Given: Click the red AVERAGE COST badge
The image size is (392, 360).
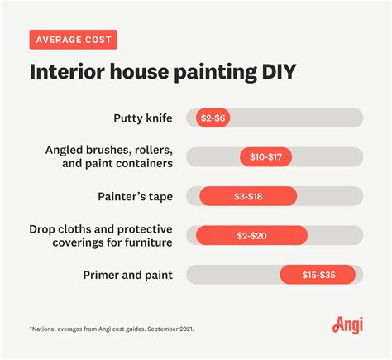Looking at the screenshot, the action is pyautogui.click(x=74, y=40).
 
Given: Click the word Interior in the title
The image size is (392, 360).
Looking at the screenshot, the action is pyautogui.click(x=67, y=71).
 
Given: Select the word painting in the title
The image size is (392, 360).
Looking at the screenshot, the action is pyautogui.click(x=216, y=73).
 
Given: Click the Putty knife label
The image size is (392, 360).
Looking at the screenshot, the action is pyautogui.click(x=143, y=118).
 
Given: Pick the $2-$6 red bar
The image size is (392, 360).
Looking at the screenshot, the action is pyautogui.click(x=213, y=118).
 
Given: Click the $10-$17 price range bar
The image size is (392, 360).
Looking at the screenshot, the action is pyautogui.click(x=265, y=157).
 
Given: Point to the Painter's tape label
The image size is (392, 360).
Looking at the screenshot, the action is pyautogui.click(x=136, y=197).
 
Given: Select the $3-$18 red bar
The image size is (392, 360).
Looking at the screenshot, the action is pyautogui.click(x=248, y=196).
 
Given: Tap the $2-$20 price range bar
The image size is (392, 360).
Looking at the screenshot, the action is pyautogui.click(x=251, y=235).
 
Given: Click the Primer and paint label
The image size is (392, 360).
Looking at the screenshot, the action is pyautogui.click(x=128, y=275).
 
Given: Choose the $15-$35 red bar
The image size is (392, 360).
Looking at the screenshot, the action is pyautogui.click(x=318, y=275).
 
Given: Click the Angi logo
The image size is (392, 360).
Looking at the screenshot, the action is pyautogui.click(x=347, y=325).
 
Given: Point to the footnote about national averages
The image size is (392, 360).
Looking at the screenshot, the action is pyautogui.click(x=112, y=329).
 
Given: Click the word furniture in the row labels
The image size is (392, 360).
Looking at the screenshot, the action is pyautogui.click(x=149, y=242).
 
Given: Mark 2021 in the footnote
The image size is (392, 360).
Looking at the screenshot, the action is pyautogui.click(x=186, y=329).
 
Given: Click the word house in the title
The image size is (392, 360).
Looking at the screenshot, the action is pyautogui.click(x=139, y=71).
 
